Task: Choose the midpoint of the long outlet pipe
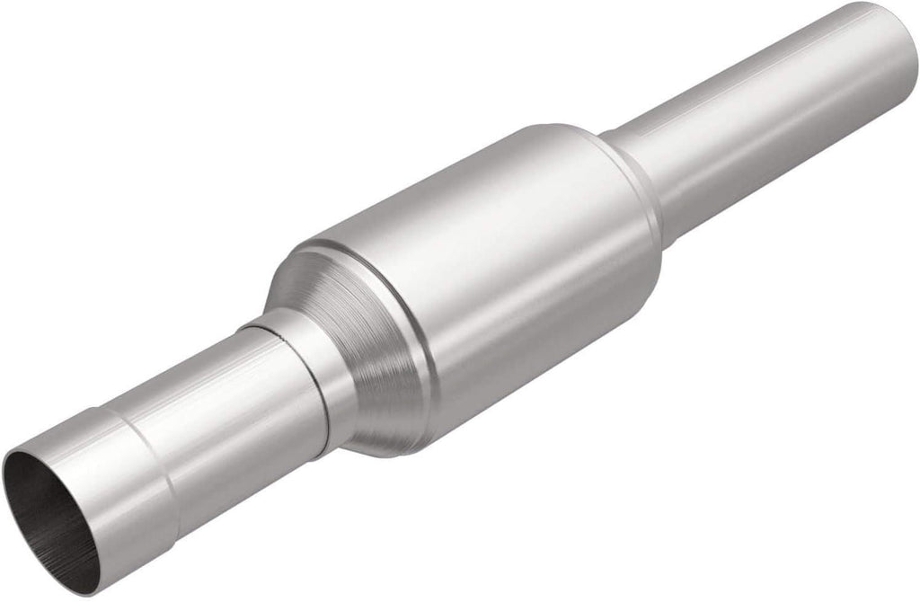point(764,126)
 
